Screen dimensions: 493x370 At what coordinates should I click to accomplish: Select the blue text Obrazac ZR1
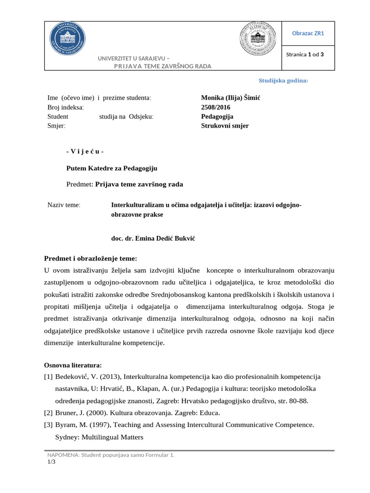point(308,33)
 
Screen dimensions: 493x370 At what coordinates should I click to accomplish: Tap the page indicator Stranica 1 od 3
point(304,54)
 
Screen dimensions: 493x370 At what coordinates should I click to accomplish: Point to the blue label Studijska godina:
point(283,80)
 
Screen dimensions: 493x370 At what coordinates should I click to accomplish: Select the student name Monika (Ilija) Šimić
point(230,98)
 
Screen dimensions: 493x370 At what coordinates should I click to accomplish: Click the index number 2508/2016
point(216,107)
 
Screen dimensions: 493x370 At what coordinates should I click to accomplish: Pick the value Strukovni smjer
point(225,126)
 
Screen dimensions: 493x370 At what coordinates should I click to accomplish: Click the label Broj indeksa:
point(66,107)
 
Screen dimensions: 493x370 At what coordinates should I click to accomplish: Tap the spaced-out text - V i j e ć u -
point(85,152)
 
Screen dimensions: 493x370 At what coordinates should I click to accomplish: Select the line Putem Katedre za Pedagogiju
point(111,168)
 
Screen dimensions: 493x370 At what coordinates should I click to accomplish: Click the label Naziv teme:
point(64,205)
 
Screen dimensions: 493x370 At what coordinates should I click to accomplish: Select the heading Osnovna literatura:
point(73,365)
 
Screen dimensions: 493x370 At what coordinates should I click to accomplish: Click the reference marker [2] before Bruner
point(48,413)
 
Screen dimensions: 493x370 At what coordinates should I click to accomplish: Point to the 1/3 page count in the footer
point(51,462)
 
